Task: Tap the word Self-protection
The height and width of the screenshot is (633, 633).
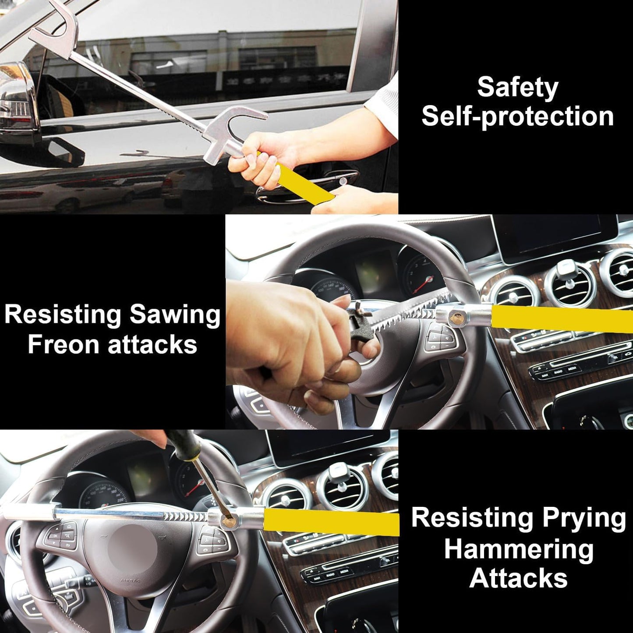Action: pos(517,117)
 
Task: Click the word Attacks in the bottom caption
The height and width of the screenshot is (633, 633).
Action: pos(518,578)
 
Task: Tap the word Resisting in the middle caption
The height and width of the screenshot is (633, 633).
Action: pos(63,315)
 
